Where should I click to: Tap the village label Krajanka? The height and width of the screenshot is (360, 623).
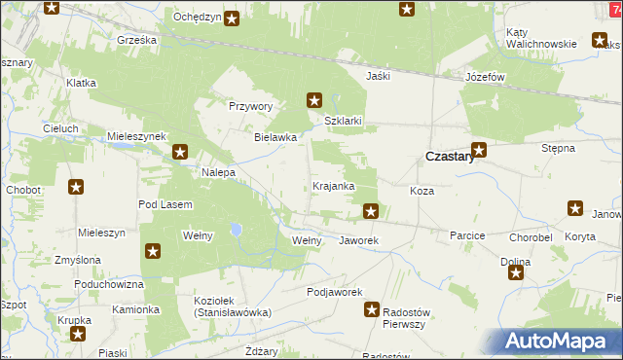[x=333, y=185]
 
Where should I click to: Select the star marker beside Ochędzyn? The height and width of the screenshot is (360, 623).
[x=232, y=18]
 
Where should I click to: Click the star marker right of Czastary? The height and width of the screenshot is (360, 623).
[x=478, y=150]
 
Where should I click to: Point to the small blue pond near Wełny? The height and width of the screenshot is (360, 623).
[x=236, y=231]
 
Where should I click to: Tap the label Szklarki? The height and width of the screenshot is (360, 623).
[x=344, y=121]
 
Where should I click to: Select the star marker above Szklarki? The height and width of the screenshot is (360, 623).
[x=314, y=98]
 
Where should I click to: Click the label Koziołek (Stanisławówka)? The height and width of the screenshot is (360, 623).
[x=232, y=306]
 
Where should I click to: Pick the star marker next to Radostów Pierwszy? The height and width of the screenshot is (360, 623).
[x=372, y=309]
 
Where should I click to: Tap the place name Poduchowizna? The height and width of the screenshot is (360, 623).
[x=112, y=284]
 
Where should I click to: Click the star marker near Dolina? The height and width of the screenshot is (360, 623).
[x=516, y=273]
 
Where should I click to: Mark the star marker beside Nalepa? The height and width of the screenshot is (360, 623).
[x=181, y=152]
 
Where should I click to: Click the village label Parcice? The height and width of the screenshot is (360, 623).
[x=467, y=236]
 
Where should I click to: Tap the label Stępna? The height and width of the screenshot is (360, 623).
[x=559, y=148]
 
